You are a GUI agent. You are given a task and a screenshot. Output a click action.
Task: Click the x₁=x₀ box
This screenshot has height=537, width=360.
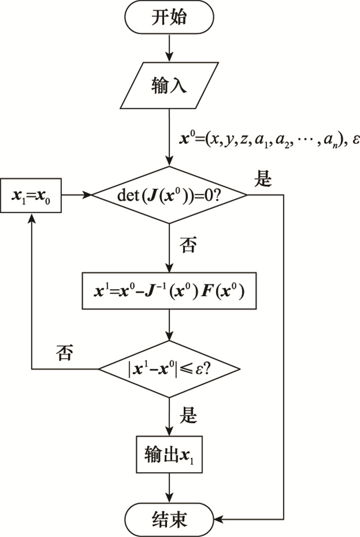[x=31, y=195]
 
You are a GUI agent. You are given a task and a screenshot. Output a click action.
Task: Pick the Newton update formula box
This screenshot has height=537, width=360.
[x=169, y=292]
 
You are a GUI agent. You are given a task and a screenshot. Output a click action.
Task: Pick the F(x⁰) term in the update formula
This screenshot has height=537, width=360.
[x=223, y=292]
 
